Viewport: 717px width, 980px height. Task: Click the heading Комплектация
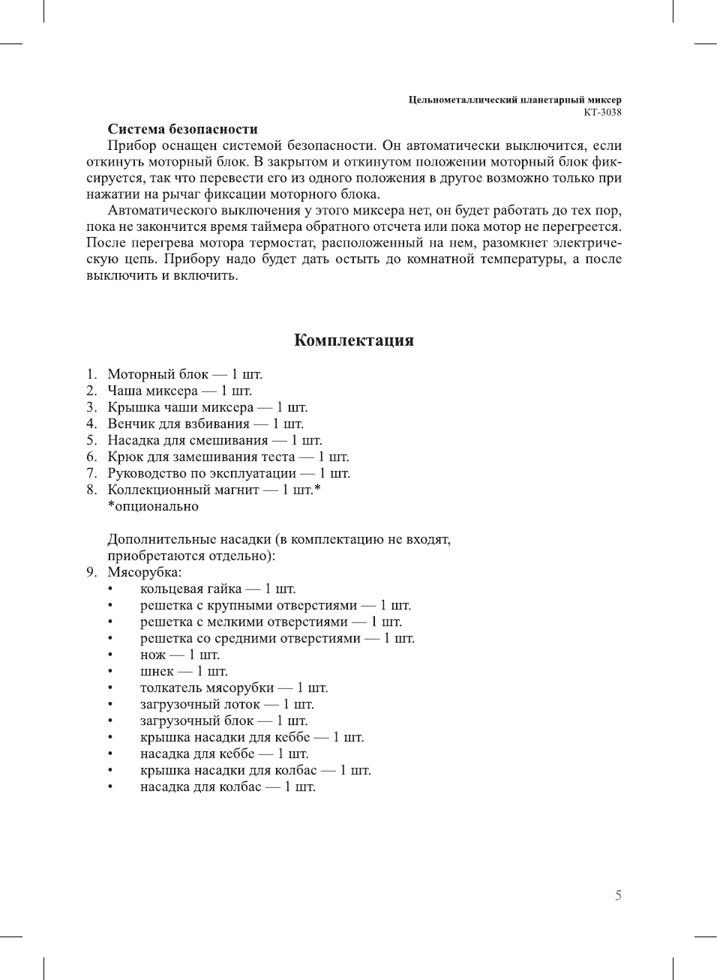(x=353, y=340)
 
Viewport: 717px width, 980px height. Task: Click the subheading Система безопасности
(x=182, y=129)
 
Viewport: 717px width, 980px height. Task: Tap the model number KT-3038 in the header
(x=602, y=112)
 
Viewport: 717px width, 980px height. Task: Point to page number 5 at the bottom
(x=618, y=895)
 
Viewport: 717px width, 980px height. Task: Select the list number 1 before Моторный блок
(x=91, y=374)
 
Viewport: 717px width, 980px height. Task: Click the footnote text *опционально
(x=153, y=506)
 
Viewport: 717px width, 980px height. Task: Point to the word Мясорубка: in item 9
(x=144, y=572)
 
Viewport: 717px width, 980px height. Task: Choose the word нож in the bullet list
(x=152, y=655)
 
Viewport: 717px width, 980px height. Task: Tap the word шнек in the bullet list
(x=157, y=671)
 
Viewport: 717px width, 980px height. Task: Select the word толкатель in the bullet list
(x=169, y=688)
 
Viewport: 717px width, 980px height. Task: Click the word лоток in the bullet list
(x=238, y=704)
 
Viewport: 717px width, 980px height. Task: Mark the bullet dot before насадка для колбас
(x=110, y=787)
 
